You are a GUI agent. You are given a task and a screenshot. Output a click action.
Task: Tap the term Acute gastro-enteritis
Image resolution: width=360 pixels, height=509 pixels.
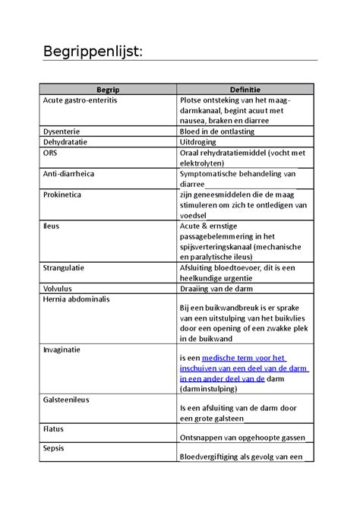point(81,100)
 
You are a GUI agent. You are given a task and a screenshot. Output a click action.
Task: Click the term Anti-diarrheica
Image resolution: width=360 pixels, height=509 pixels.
point(69,174)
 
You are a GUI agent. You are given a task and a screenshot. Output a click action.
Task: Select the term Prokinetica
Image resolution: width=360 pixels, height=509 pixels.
point(63,194)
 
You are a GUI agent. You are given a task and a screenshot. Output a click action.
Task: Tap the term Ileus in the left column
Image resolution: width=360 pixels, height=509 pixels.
point(52,226)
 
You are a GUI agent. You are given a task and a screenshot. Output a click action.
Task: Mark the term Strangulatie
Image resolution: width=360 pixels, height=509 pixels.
point(65,267)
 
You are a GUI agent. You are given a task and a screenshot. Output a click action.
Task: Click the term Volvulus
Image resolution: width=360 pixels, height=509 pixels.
point(60,289)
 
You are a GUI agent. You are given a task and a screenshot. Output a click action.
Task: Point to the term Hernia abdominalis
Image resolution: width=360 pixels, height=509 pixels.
point(77,299)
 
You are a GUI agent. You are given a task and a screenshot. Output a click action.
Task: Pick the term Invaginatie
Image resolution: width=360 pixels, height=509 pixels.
point(63,349)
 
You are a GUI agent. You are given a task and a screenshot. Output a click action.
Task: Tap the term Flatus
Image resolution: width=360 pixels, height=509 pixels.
point(55,428)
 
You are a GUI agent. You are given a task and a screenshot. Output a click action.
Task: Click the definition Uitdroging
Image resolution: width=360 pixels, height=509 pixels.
point(197,142)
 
